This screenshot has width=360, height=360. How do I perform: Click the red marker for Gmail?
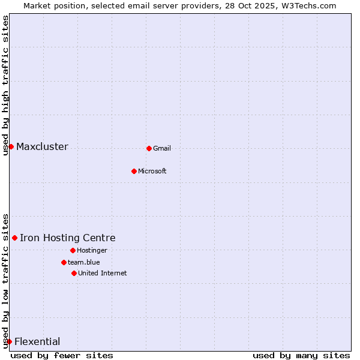click(149, 148)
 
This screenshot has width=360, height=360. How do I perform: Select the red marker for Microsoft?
click(134, 171)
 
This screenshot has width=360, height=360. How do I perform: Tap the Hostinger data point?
click(73, 250)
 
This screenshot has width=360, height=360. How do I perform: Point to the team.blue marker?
click(64, 262)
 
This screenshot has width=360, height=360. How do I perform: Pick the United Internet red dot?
click(74, 273)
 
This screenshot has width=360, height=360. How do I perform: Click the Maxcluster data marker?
click(11, 146)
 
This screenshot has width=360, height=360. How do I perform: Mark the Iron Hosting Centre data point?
click(14, 238)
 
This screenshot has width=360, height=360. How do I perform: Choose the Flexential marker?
click(9, 341)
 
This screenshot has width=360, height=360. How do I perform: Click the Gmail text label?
click(162, 149)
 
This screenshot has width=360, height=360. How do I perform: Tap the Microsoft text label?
click(152, 172)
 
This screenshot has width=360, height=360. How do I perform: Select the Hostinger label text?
click(92, 251)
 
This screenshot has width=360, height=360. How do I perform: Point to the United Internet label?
click(103, 274)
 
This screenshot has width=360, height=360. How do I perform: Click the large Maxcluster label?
click(42, 147)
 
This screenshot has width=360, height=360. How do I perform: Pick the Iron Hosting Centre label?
click(68, 238)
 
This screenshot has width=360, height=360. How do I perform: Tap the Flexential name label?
click(37, 342)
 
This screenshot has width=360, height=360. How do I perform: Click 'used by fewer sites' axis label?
click(62, 355)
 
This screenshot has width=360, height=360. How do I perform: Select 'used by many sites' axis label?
click(301, 355)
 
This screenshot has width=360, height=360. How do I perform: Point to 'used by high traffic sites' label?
click(6, 85)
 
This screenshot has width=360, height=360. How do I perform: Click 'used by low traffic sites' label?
click(6, 281)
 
